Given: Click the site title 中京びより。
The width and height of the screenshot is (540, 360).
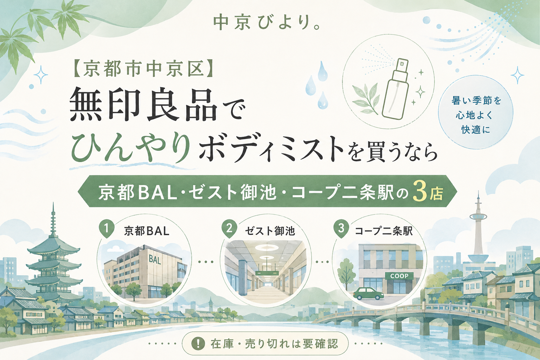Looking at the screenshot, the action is point(267,24).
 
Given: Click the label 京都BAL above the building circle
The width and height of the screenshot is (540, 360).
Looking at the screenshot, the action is point(147,231).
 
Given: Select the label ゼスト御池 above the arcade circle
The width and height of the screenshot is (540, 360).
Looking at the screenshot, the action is point(270,231).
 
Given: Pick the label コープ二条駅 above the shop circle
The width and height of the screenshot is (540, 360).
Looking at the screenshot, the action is point(384,231).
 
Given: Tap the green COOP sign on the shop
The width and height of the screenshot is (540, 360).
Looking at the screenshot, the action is point(399,276).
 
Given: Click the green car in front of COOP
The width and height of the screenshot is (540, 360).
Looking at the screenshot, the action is point(368,294).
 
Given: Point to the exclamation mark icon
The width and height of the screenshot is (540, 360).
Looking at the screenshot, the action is point(198,343).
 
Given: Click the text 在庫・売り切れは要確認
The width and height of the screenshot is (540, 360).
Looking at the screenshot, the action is point(274,344).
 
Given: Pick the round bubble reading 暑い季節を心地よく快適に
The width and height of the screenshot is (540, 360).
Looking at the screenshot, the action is point(476,115).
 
